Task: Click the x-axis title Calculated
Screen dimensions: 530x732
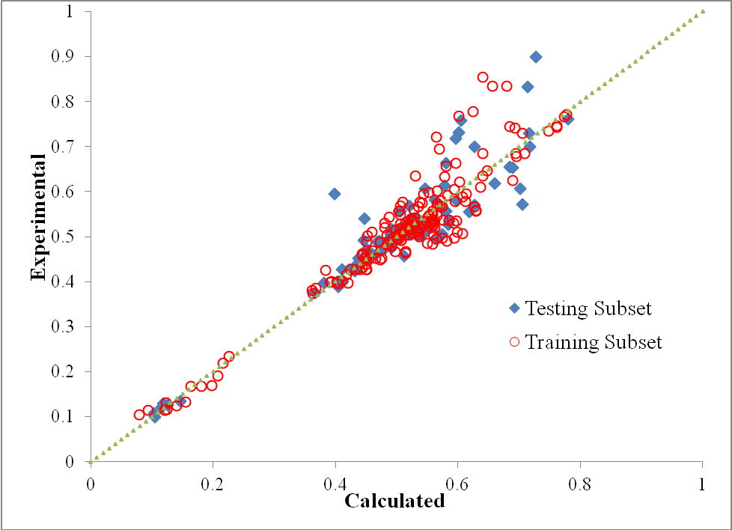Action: pos(394,501)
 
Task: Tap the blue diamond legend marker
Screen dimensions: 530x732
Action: pos(514,308)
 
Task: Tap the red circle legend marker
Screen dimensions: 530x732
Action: pos(514,342)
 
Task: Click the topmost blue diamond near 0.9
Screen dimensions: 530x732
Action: pos(536,57)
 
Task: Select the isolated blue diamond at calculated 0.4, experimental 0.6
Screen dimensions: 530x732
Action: pos(335,194)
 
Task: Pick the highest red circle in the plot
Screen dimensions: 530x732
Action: pos(483,77)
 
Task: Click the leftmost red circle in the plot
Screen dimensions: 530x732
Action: pos(139,415)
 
